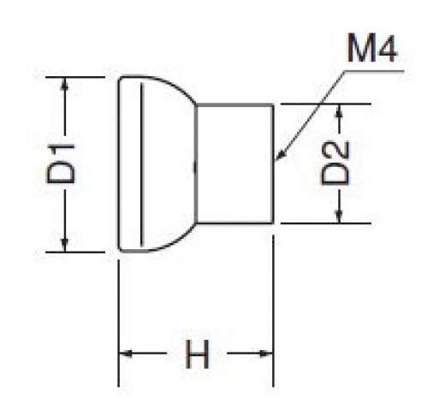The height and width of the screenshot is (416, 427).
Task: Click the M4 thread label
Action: [371, 47]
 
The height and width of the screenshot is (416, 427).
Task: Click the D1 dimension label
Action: [60, 163]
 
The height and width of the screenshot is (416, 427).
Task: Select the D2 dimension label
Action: [335, 163]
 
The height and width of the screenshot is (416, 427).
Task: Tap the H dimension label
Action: [197, 354]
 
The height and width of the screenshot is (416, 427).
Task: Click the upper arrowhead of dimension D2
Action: [339, 110]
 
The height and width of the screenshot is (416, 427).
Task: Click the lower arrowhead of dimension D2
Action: [339, 216]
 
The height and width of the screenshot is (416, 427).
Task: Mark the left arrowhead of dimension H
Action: [126, 354]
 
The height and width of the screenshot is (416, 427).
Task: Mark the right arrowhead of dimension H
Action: [266, 354]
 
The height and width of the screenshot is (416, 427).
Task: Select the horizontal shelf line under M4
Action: [374, 71]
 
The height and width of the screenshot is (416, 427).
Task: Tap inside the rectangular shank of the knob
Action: [234, 163]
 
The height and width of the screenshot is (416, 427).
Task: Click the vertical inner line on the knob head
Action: [142, 164]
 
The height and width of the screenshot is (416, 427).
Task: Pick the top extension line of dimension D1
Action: [75, 77]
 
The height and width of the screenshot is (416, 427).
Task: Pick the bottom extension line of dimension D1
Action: [75, 253]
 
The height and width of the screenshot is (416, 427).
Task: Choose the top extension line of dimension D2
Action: [326, 104]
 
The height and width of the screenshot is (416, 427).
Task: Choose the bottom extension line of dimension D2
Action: [326, 223]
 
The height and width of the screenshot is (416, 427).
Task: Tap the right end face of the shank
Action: [273, 163]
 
